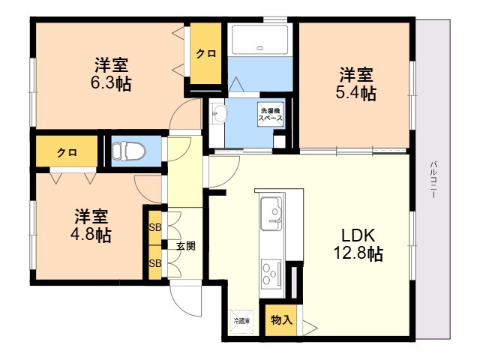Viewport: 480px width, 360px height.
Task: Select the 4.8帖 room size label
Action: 92,235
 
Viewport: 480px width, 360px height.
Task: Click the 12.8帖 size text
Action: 358,254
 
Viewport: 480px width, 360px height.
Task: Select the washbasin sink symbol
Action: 219,114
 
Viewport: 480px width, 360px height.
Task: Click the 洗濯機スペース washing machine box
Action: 271,114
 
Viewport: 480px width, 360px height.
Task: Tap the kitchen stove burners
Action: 271,271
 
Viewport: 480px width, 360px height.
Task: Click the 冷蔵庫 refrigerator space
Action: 241,321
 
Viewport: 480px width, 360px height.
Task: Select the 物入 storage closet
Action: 280,320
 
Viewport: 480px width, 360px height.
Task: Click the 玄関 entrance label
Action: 186,245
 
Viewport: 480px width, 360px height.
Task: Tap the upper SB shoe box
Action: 155,227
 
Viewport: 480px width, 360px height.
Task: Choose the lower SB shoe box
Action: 155,263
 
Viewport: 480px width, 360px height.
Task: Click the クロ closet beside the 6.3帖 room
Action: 205,54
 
